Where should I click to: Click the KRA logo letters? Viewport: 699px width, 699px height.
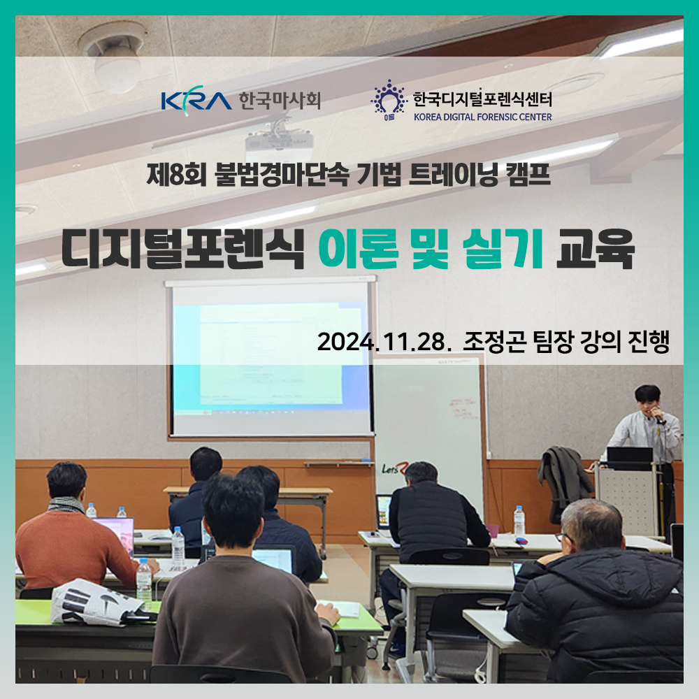[x=195, y=101]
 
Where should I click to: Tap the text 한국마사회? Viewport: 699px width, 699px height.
[x=279, y=101]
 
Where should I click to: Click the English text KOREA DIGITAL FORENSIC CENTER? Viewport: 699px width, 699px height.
[x=482, y=117]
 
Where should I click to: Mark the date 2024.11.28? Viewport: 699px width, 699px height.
[x=382, y=343]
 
